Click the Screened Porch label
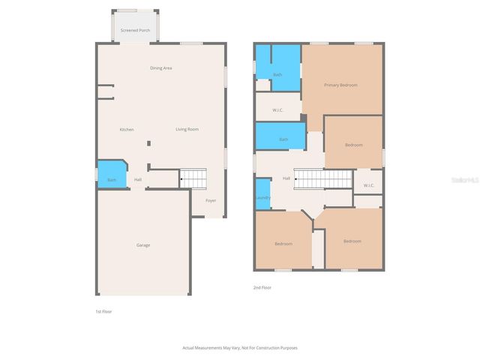(135, 31)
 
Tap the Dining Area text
(161, 68)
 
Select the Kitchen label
(127, 130)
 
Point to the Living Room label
(187, 130)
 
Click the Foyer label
(211, 200)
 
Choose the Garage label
(142, 245)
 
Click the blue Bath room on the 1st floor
(111, 175)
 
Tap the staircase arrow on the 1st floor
(182, 179)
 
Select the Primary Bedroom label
(340, 85)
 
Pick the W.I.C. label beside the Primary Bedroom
(277, 110)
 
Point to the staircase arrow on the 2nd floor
(297, 178)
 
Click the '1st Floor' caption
(103, 311)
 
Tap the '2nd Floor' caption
(262, 287)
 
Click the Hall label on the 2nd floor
(286, 178)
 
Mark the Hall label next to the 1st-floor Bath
(138, 180)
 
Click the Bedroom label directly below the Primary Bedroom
(354, 145)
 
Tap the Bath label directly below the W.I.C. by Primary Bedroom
(283, 139)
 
